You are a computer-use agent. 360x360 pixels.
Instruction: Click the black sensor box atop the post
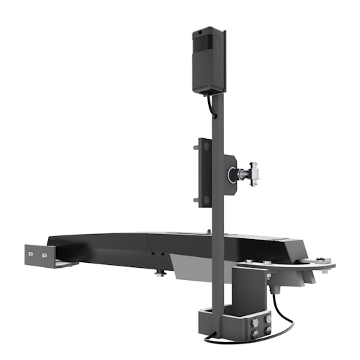pos(209,60)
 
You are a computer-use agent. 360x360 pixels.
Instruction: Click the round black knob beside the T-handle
pos(232,174)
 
